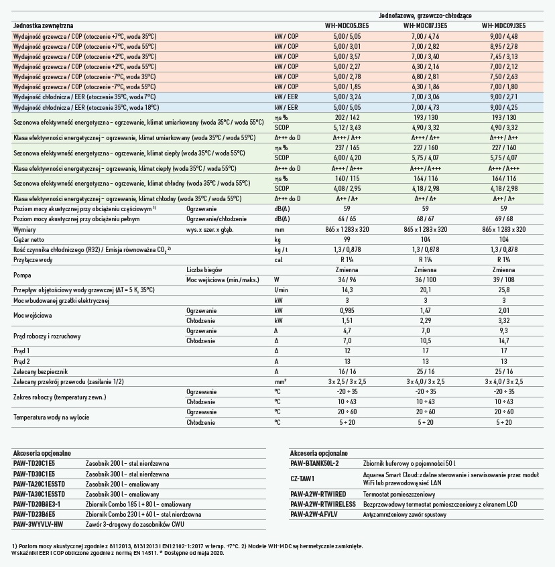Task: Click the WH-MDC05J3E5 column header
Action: point(347,25)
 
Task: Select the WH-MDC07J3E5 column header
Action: point(425,25)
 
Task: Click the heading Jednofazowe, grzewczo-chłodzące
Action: point(425,14)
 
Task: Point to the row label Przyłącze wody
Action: point(34,259)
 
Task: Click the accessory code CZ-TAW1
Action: point(302,479)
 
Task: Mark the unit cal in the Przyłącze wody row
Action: point(279,259)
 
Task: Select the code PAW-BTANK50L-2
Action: point(315,463)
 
